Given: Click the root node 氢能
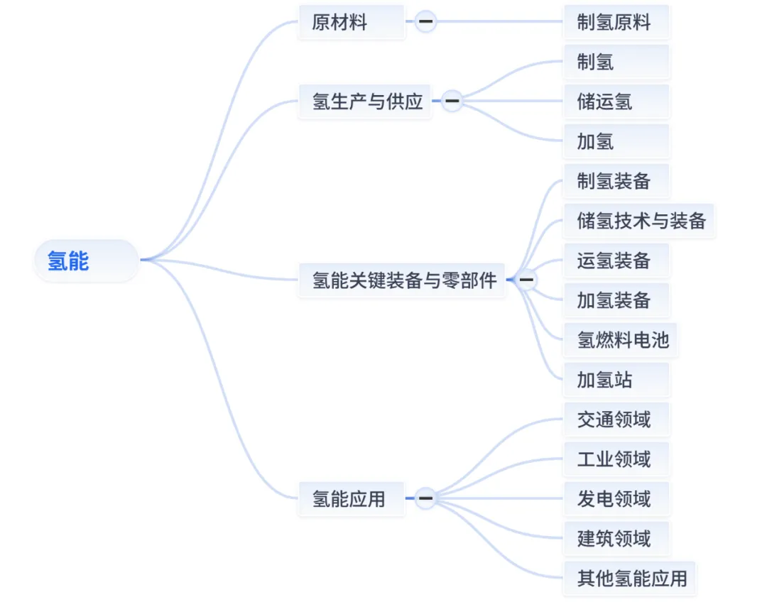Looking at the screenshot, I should [85, 261].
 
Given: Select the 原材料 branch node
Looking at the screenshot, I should [351, 22].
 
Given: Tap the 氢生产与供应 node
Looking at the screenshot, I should [365, 102].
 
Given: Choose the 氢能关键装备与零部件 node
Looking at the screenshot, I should [402, 280].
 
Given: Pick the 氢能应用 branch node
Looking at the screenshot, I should [351, 498].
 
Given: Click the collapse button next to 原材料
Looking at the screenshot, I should [426, 22].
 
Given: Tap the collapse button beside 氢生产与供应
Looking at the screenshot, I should [452, 102].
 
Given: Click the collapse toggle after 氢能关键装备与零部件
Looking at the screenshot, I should [526, 280].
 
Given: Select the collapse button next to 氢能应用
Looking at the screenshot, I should [426, 498].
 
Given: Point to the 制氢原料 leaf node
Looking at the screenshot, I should [615, 22].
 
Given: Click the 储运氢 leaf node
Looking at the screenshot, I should [615, 102].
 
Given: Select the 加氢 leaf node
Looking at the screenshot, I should [615, 141].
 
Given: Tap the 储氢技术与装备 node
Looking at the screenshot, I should [639, 221].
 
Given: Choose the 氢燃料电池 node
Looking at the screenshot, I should [621, 340].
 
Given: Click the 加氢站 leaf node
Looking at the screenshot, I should [615, 380].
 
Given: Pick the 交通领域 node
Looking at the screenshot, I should [615, 420].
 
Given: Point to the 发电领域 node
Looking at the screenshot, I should [615, 498].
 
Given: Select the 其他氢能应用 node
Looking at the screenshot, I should [631, 578].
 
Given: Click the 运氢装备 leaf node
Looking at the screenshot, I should [615, 261].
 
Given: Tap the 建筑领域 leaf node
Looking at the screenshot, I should [615, 538].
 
